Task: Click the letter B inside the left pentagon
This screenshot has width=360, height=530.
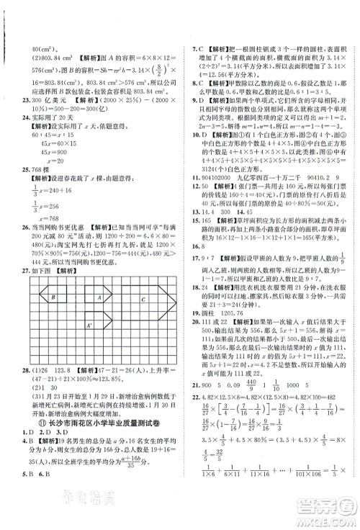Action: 53,297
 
